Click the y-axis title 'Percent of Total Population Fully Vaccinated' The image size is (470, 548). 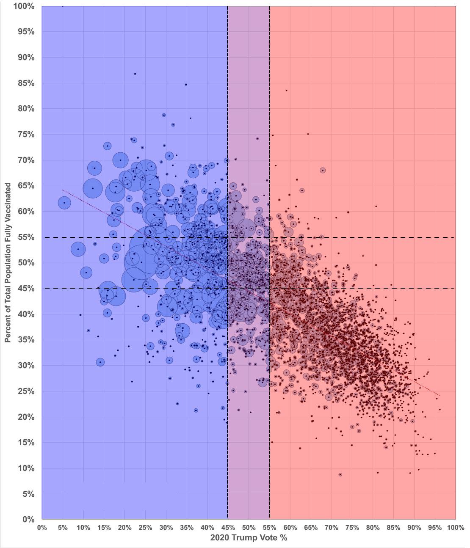[x=8, y=263]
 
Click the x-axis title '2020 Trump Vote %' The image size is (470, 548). [x=249, y=538]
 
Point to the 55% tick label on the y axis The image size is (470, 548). [x=25, y=237]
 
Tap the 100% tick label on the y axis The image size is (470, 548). [x=24, y=7]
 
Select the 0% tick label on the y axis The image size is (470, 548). [x=28, y=519]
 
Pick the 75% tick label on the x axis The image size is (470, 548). [x=352, y=528]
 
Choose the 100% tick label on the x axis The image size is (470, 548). [x=455, y=528]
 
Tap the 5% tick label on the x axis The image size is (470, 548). [x=63, y=528]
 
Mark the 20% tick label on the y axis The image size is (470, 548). [x=25, y=417]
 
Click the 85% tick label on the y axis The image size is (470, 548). [x=25, y=83]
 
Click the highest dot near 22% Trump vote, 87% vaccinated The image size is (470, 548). [x=135, y=74]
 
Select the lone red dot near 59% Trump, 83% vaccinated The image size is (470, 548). [x=286, y=91]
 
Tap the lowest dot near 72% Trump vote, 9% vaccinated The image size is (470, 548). [x=340, y=475]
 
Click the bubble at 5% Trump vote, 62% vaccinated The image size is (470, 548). [x=64, y=203]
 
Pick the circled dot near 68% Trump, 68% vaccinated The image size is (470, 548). [x=323, y=170]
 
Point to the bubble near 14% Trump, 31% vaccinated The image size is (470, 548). [x=100, y=362]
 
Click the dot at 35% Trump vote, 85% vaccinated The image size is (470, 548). [x=185, y=85]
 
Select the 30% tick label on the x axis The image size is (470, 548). [x=166, y=528]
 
